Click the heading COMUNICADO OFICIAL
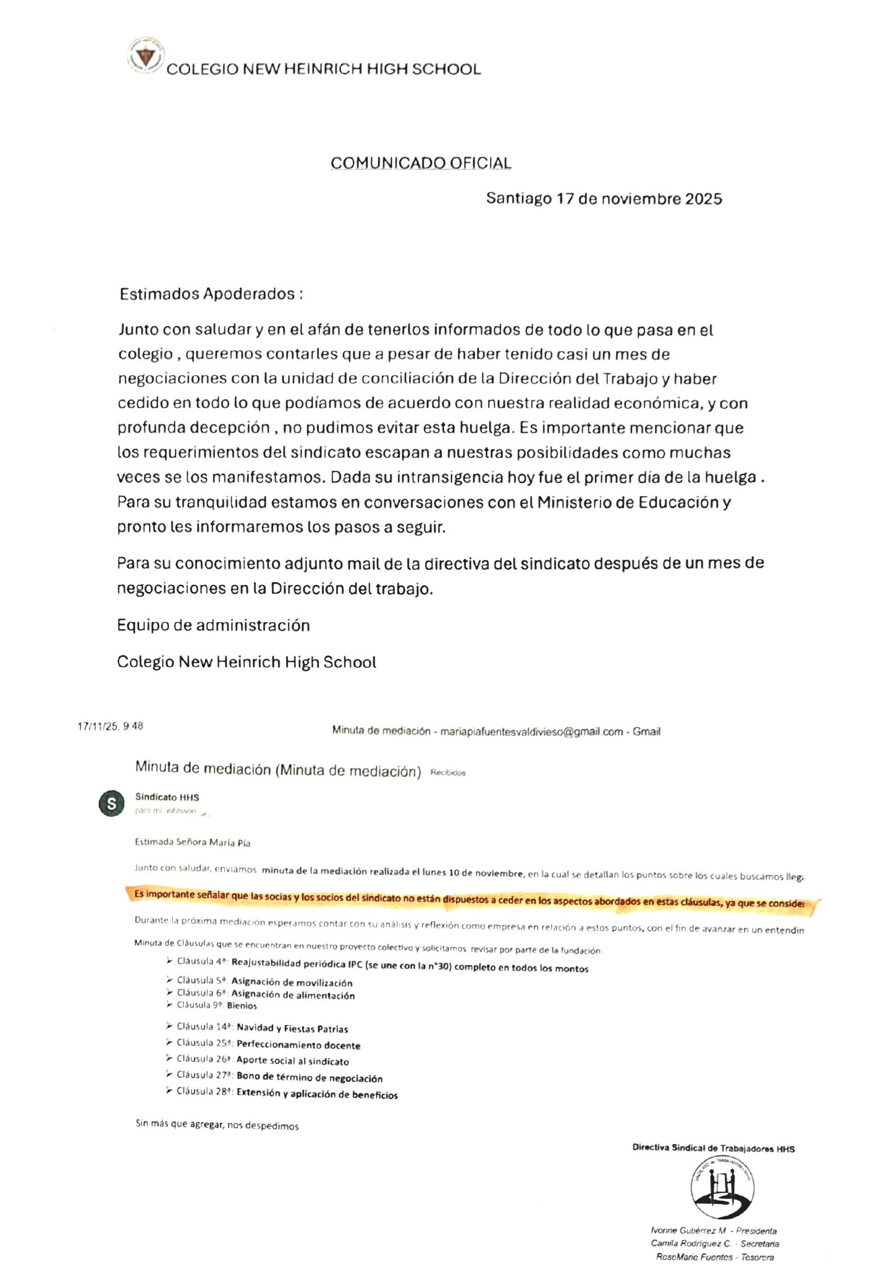pos(421,163)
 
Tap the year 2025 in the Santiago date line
pos(702,199)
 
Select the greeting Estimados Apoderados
pos(211,294)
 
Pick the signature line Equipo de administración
pos(213,625)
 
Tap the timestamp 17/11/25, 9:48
pos(110,726)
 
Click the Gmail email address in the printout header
pos(531,731)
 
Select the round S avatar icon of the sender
pos(111,804)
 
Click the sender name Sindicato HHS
pos(167,798)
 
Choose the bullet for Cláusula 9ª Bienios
pos(169,1005)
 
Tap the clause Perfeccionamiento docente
pos(298,1045)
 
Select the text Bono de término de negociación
pos(310,1078)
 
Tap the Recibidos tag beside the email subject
pos(447,773)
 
